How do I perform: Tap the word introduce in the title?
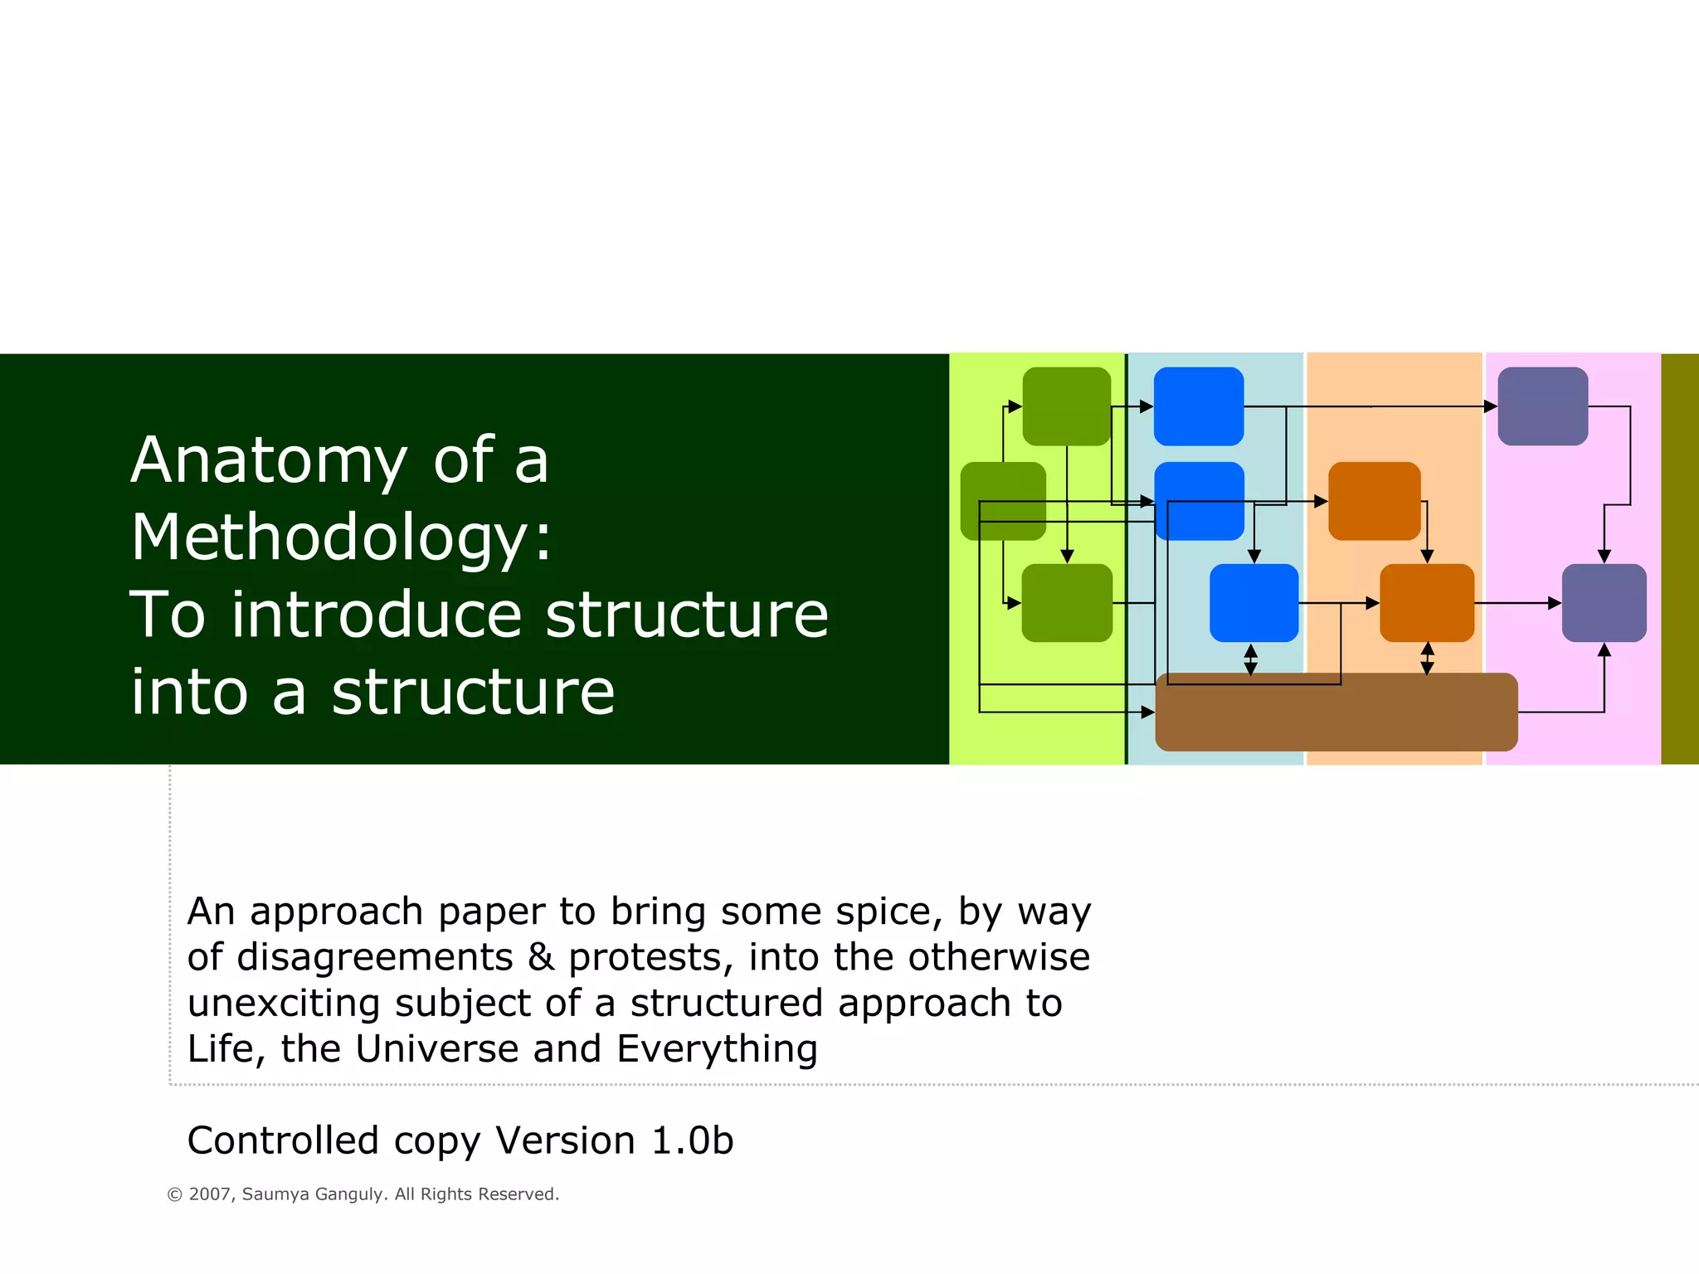click(x=376, y=615)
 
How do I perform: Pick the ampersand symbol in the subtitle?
click(x=541, y=957)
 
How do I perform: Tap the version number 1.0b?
click(x=693, y=1140)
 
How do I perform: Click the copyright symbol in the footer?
click(x=174, y=1195)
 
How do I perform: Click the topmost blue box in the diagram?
click(x=1199, y=406)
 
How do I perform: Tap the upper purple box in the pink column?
click(x=1542, y=406)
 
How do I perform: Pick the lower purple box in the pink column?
click(x=1604, y=603)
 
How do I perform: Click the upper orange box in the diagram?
click(x=1374, y=501)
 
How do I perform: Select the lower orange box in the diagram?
click(x=1426, y=603)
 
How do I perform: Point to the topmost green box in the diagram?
click(x=1066, y=406)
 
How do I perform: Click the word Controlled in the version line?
click(x=283, y=1140)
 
